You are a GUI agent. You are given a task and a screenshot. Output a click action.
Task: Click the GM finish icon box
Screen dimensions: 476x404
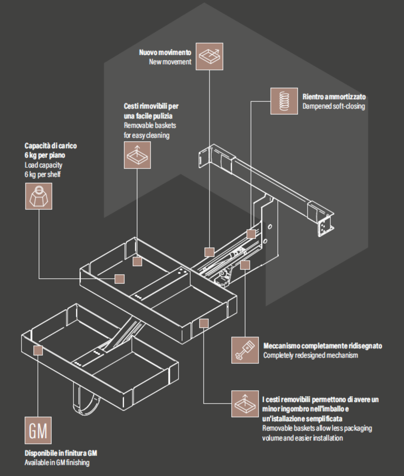coord(38,431)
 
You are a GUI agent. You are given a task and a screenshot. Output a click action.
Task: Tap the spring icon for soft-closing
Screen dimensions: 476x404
coord(285,101)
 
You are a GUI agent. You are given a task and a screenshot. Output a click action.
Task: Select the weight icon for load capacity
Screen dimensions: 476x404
coord(38,196)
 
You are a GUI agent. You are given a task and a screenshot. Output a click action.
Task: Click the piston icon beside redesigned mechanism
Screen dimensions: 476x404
coord(245,350)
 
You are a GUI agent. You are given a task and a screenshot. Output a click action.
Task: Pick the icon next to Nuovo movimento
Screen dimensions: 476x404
coord(209,56)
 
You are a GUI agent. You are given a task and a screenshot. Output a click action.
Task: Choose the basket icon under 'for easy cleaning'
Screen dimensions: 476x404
coord(137,155)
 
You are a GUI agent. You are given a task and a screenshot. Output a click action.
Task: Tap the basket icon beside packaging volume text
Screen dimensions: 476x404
coord(245,404)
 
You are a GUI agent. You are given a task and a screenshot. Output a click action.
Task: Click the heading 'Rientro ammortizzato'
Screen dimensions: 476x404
coord(334,97)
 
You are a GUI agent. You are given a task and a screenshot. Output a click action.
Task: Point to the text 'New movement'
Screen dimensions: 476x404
coord(170,62)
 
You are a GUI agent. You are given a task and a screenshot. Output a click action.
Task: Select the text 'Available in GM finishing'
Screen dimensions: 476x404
coord(57,463)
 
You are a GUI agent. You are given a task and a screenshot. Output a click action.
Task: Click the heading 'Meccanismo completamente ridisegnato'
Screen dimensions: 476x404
coord(323,346)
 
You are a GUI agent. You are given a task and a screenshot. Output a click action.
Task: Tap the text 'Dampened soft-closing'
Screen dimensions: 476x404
coord(334,106)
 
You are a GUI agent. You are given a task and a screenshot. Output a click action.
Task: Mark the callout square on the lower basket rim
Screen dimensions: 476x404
coord(38,350)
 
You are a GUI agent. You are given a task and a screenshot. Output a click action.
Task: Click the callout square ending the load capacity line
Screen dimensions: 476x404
coord(119,279)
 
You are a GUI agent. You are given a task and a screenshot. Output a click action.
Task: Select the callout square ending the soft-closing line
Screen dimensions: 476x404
coord(251,234)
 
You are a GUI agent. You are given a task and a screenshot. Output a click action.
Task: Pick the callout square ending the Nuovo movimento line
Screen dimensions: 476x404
coord(209,252)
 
